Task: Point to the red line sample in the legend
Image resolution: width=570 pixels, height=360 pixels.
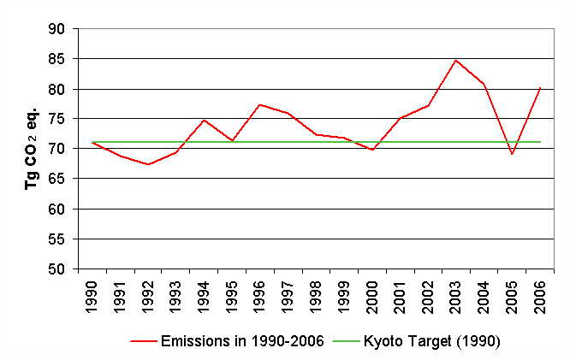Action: (142, 340)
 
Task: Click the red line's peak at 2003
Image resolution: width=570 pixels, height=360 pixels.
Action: (456, 60)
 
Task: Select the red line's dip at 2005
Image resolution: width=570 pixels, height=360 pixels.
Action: (512, 154)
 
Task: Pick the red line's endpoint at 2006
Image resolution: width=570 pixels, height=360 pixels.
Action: (540, 87)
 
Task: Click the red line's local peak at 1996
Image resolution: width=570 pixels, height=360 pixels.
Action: (260, 104)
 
